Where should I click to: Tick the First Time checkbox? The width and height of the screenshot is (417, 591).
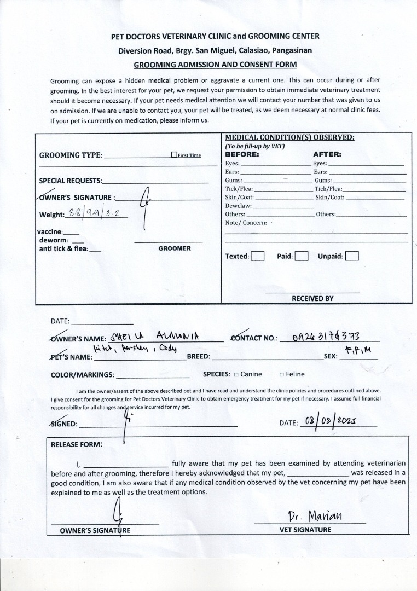coord(174,155)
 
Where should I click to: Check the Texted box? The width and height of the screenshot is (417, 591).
coord(258,256)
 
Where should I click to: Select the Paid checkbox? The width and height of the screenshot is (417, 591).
coord(302,256)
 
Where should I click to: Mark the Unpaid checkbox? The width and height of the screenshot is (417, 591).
coord(352,256)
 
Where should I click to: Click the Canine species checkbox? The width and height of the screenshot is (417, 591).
coord(236,375)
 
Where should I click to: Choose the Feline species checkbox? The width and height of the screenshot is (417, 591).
coord(281,375)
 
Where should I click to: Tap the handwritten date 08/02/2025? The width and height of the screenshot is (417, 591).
coord(331,421)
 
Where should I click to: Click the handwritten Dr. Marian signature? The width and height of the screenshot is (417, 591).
coord(315,517)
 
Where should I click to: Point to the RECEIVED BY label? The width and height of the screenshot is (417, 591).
coord(312,299)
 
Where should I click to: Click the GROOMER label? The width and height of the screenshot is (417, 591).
coord(175,248)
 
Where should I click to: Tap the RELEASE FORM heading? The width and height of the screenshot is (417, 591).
coord(76,444)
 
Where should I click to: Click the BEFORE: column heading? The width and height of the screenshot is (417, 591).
coord(242,154)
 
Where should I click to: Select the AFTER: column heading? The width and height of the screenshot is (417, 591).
coord(327,154)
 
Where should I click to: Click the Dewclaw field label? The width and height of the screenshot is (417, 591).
coord(238,206)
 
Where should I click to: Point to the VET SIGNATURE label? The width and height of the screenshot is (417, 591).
coord(305,530)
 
